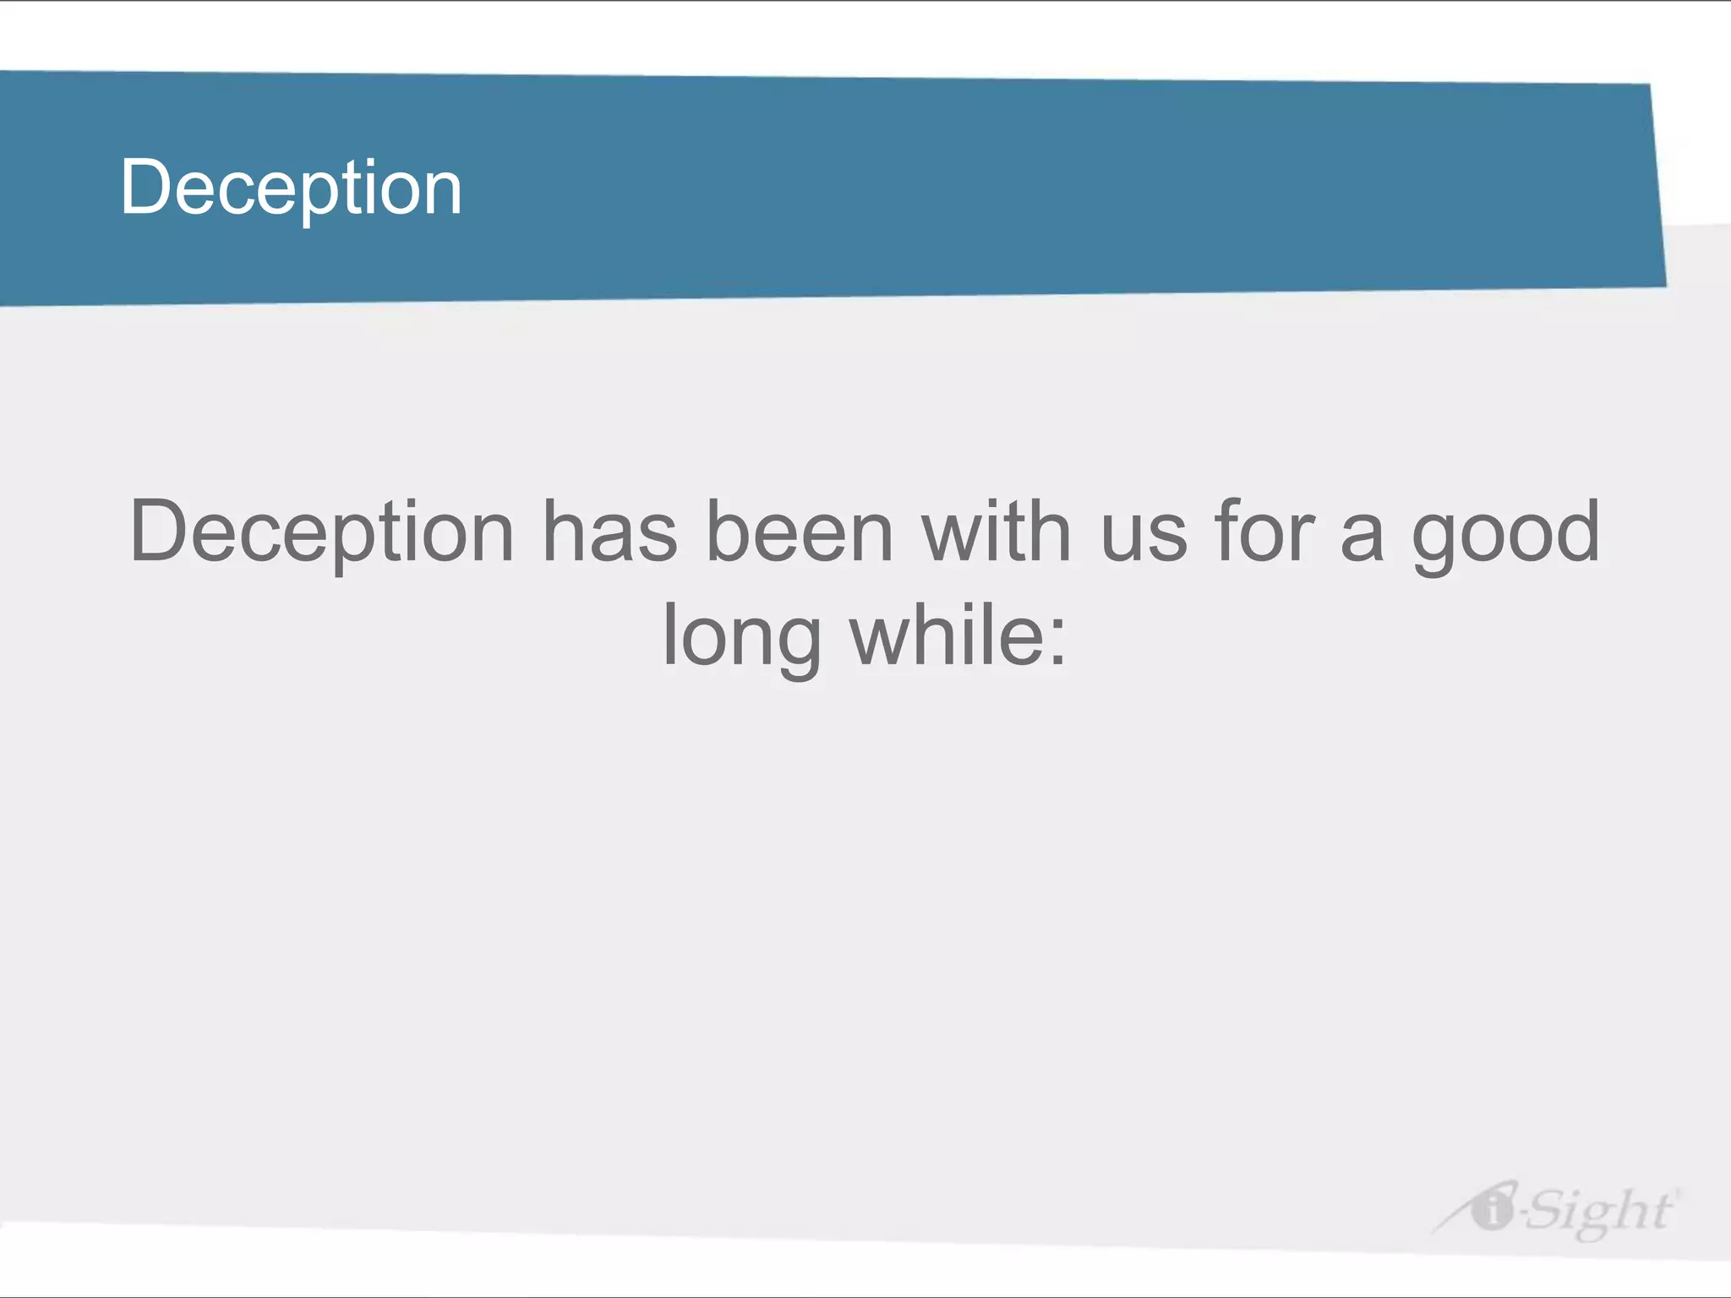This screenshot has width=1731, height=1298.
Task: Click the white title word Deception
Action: point(291,188)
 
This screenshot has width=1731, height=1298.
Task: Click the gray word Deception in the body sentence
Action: point(321,532)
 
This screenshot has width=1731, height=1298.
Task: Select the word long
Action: point(741,637)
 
